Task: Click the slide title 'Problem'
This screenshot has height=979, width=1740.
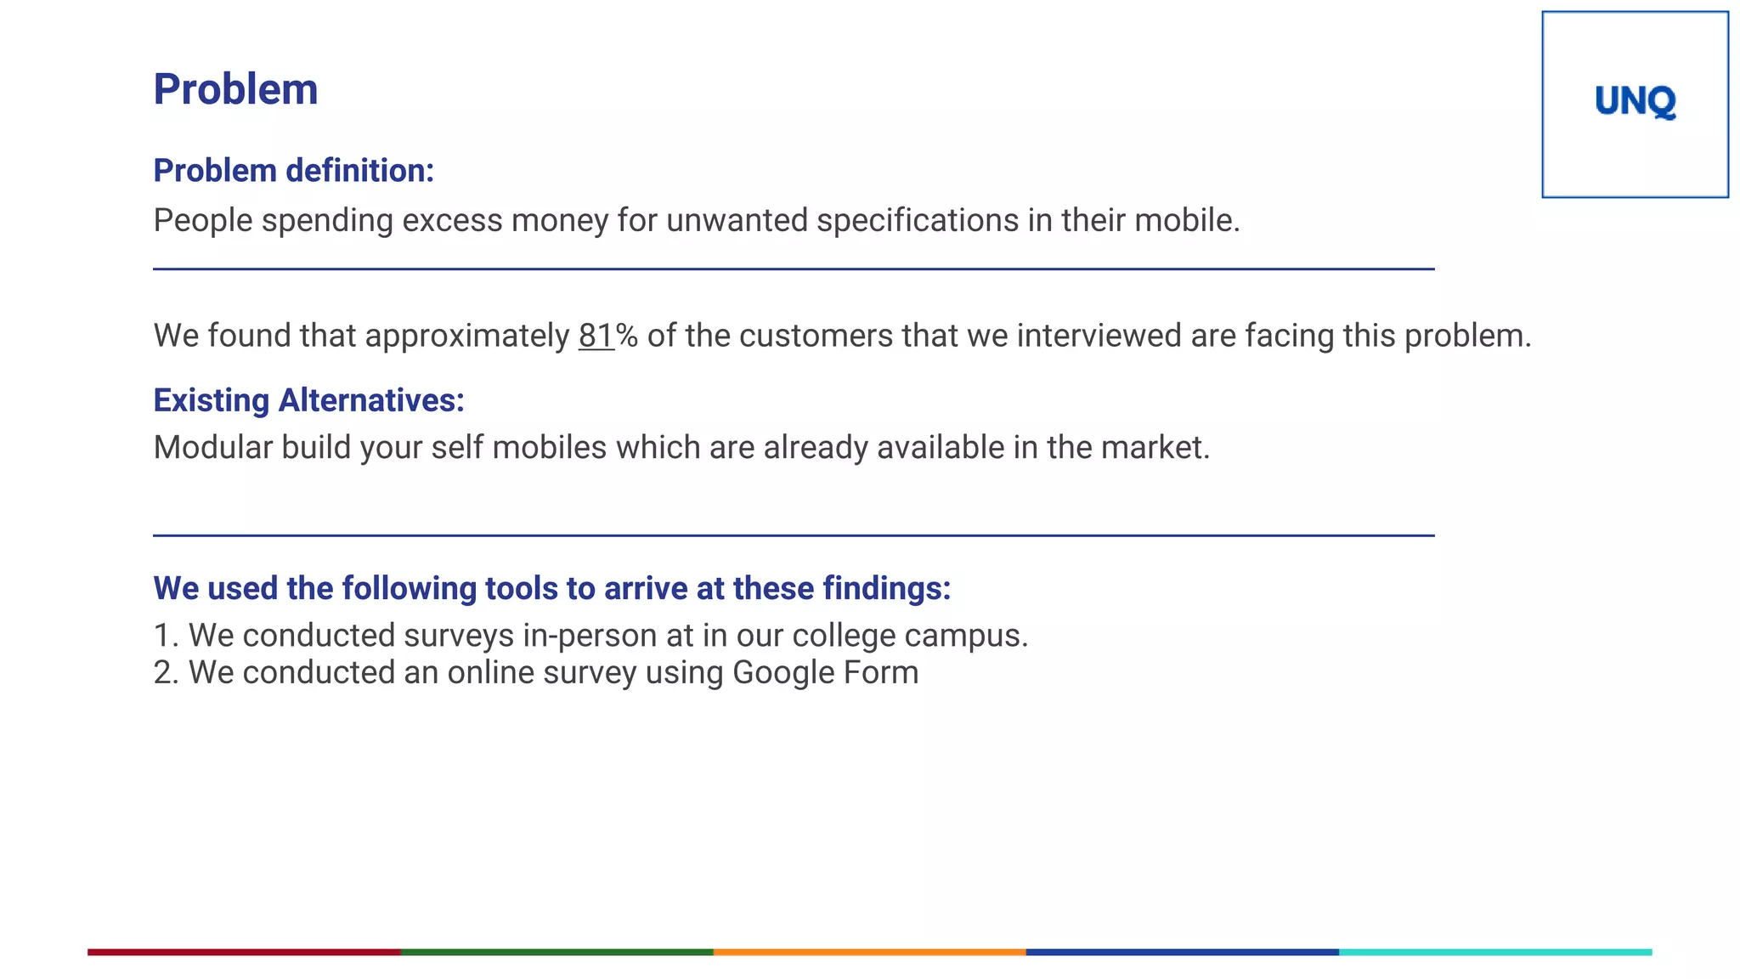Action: (x=235, y=89)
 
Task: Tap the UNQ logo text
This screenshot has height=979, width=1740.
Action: (x=1635, y=102)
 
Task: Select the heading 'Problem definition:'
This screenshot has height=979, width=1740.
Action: (x=293, y=171)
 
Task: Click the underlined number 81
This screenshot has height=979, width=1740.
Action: (x=596, y=336)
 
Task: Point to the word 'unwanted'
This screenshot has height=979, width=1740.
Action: (x=737, y=220)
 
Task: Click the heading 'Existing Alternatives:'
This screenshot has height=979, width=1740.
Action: (x=308, y=400)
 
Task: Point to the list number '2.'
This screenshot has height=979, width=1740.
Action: (x=166, y=673)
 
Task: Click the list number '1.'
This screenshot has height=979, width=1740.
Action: (x=166, y=636)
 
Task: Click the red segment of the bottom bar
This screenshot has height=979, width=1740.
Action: (x=244, y=952)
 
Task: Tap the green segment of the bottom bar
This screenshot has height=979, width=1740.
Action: (x=556, y=952)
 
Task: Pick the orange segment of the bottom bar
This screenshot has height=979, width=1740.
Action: (x=869, y=952)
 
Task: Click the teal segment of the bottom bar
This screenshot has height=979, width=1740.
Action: (x=1495, y=952)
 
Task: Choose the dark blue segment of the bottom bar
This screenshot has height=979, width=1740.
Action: (x=1182, y=952)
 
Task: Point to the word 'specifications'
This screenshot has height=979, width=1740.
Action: (x=918, y=220)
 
